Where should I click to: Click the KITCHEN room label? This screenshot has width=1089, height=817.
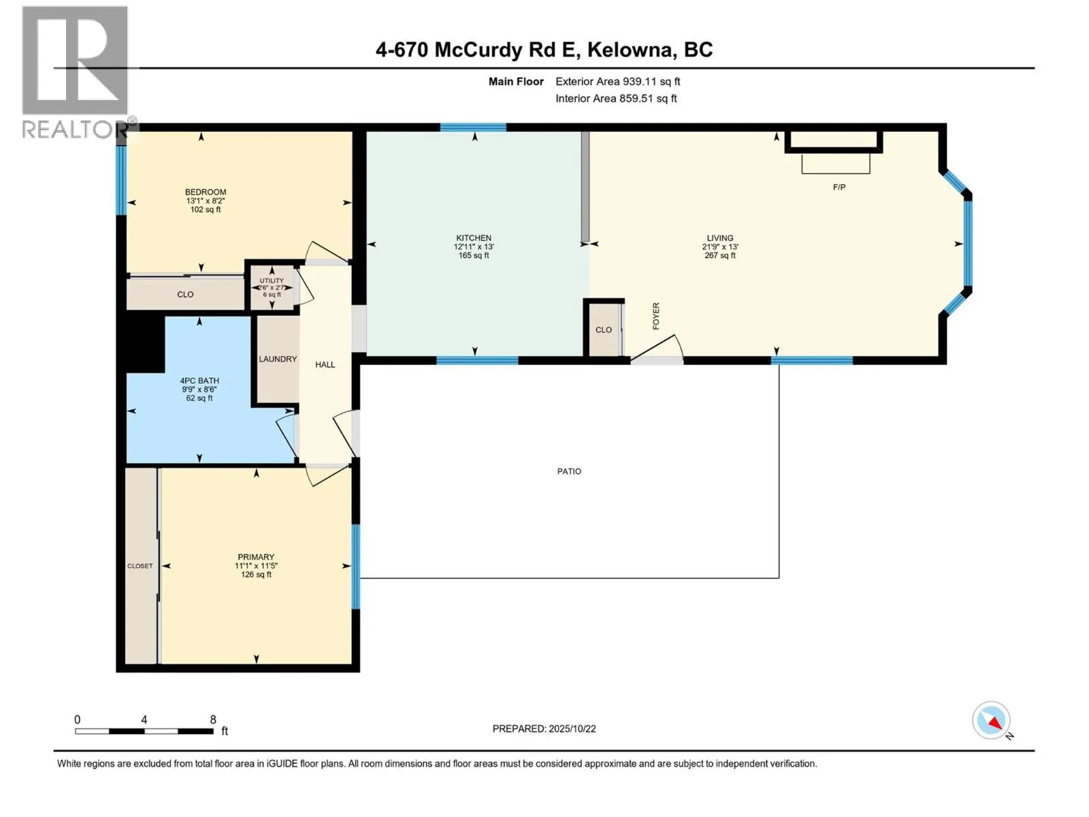tap(474, 238)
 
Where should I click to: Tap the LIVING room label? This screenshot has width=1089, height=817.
tap(719, 238)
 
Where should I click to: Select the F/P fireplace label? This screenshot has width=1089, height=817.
tap(839, 187)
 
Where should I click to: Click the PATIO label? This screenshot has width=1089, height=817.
tap(569, 471)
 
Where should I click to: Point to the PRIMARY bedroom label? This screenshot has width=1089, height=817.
tap(256, 557)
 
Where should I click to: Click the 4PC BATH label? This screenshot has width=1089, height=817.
tap(199, 381)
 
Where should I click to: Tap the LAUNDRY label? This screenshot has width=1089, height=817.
tap(278, 359)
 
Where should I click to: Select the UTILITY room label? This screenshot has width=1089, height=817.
tap(272, 281)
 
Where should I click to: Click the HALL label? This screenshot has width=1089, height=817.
tap(325, 365)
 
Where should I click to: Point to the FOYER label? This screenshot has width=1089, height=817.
tap(656, 317)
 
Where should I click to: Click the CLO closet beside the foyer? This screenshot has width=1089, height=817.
tap(604, 330)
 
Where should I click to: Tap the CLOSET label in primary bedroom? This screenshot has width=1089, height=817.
tap(140, 566)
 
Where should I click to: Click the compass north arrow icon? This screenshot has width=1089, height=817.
tap(992, 721)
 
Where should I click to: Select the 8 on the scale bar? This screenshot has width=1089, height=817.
tap(213, 720)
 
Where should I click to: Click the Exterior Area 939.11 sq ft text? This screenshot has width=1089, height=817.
tap(617, 82)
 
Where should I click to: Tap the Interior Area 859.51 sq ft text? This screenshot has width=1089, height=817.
tap(616, 99)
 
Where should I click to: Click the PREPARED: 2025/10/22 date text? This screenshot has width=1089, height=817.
tap(544, 728)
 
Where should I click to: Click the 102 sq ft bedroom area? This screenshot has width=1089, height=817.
tap(206, 210)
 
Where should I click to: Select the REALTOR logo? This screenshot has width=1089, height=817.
tap(76, 71)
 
